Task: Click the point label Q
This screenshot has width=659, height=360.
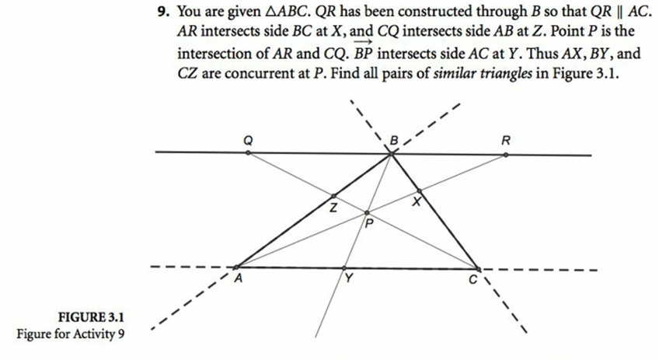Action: click(x=248, y=141)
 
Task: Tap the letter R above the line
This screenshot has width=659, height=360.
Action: click(x=507, y=141)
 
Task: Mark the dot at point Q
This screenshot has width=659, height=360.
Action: click(x=248, y=153)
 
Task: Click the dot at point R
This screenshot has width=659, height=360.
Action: click(x=506, y=154)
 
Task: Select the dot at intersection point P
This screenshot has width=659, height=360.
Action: click(x=368, y=211)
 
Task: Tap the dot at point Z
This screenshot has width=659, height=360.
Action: click(x=334, y=197)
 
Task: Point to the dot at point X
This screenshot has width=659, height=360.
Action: click(x=420, y=190)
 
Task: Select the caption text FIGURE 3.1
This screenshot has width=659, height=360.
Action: click(x=92, y=317)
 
